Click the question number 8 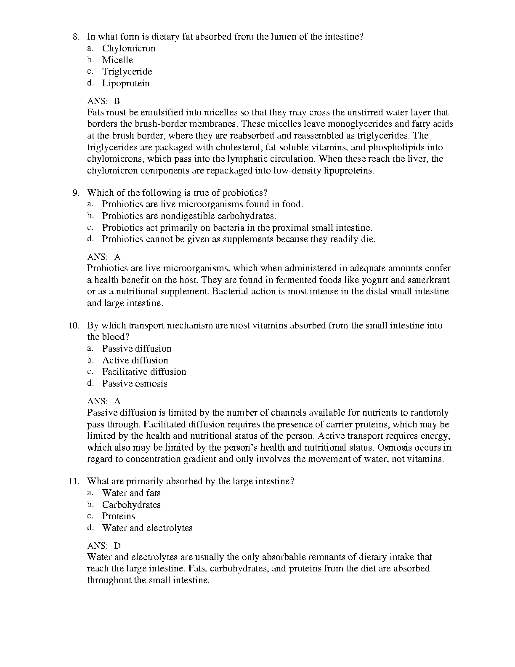coord(75,37)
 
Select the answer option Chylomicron coord(128,48)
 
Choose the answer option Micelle coord(117,60)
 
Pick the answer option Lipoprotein coord(125,83)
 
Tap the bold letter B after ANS coord(117,101)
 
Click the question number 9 coord(76,193)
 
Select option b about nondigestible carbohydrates coord(189,216)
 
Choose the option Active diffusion coord(135,360)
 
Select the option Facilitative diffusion coord(144,372)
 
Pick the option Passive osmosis coord(135,384)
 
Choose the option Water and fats coord(131,493)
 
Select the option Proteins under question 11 coord(118,516)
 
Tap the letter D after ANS coord(117,546)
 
